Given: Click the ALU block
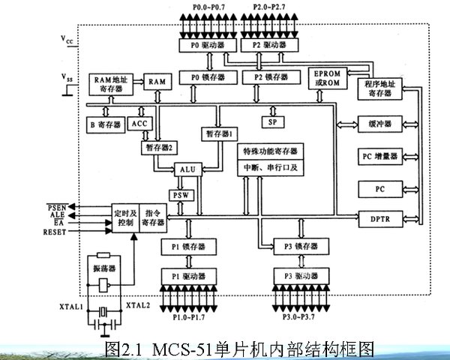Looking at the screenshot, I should [188, 170].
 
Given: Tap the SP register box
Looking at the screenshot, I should [271, 121].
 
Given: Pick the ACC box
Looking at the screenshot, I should [140, 124].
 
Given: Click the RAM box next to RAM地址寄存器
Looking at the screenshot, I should [157, 80].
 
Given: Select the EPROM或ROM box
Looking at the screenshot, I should [328, 77].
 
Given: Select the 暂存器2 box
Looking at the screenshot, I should [157, 148].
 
